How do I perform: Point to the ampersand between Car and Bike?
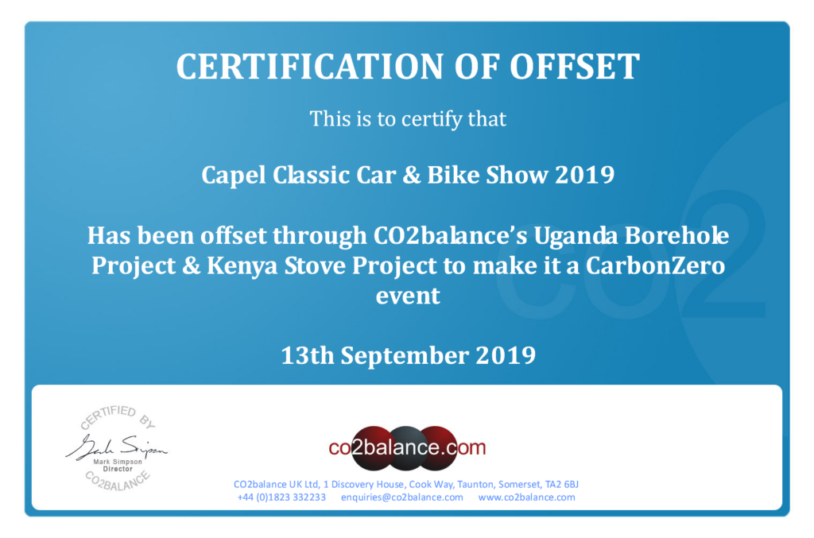[x=411, y=176]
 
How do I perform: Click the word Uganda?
[x=576, y=237]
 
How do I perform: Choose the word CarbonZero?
[x=655, y=265]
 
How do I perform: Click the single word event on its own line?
[x=408, y=296]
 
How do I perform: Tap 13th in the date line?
[x=308, y=356]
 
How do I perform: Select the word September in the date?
[x=405, y=357]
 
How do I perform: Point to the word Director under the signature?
[x=118, y=469]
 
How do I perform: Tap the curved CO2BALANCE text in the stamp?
[x=118, y=481]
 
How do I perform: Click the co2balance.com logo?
[x=408, y=447]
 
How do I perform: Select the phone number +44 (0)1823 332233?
[x=281, y=497]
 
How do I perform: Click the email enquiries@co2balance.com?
[x=401, y=497]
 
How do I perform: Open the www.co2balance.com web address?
[x=526, y=497]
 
